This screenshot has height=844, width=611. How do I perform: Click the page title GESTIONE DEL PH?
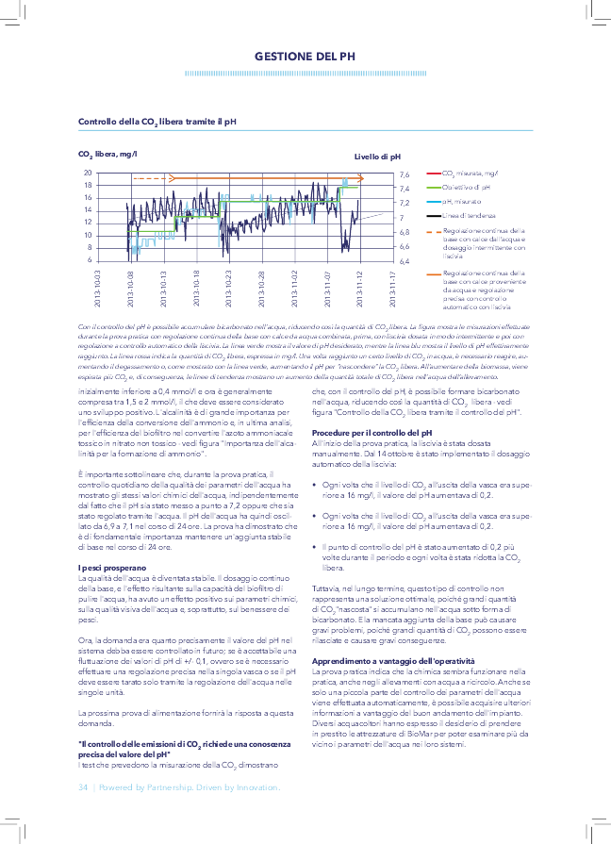(305, 58)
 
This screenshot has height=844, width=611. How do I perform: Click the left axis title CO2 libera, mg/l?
(107, 154)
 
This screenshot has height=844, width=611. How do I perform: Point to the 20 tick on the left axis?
(88, 174)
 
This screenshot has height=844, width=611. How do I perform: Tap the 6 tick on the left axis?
(90, 259)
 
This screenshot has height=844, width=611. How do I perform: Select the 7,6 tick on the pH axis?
(404, 174)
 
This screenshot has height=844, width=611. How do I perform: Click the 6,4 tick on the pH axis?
(404, 261)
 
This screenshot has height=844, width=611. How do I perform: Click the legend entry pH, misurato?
(462, 202)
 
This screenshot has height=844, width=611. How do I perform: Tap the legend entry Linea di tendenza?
(467, 216)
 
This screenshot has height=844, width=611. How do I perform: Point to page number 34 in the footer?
(83, 786)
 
